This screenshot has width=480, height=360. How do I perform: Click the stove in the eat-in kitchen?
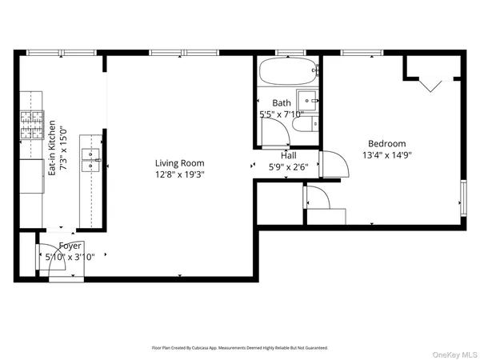30,125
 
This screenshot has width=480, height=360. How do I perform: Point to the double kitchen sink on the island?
91,159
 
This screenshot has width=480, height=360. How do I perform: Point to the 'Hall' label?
287,156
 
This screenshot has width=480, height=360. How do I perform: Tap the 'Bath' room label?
282,103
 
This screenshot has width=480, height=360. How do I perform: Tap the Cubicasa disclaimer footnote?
240,348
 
